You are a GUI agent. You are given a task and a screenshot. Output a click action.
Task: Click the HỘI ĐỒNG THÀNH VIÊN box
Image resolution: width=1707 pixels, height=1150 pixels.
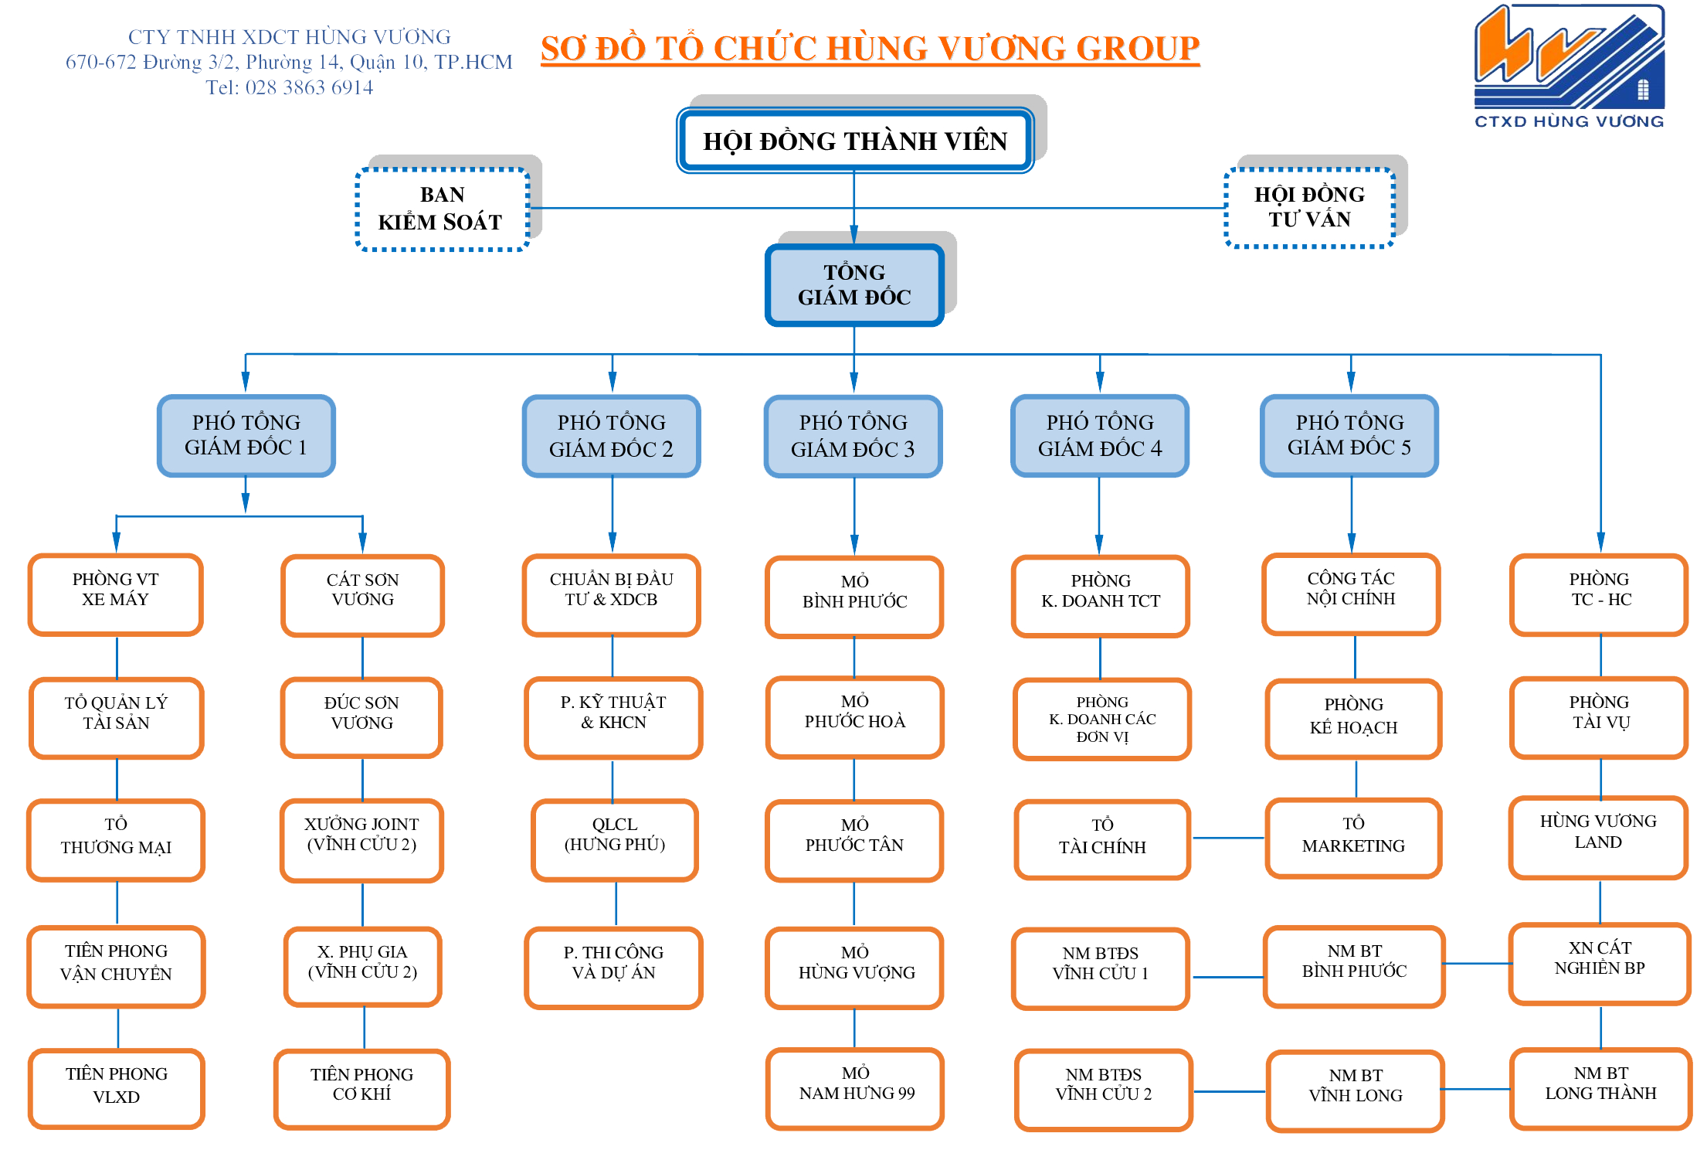click(x=854, y=141)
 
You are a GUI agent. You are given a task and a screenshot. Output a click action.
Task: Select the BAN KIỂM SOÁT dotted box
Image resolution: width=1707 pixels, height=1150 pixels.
click(x=441, y=209)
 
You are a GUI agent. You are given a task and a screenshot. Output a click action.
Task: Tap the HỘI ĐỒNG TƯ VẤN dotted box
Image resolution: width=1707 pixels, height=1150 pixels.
click(x=1309, y=207)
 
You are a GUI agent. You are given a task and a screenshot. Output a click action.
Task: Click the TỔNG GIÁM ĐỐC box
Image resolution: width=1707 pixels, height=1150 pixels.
click(x=854, y=284)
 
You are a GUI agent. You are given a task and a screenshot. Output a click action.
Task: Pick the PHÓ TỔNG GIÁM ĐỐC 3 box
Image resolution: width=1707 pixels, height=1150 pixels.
click(x=853, y=436)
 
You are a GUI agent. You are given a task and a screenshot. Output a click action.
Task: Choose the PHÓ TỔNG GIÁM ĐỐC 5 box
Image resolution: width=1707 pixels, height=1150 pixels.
click(x=1349, y=435)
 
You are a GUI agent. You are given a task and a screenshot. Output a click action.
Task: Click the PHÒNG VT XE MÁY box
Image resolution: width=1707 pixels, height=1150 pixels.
click(x=116, y=594)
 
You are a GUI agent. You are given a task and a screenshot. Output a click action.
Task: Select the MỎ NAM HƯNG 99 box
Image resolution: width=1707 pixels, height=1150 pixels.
click(x=855, y=1087)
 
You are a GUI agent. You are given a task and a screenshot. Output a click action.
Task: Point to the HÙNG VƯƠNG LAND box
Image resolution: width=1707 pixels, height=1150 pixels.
click(x=1598, y=836)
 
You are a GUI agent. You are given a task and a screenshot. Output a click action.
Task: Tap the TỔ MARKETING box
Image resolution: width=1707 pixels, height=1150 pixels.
click(x=1353, y=838)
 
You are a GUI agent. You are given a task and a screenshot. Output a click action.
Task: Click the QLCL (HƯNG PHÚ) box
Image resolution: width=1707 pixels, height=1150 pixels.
click(x=615, y=839)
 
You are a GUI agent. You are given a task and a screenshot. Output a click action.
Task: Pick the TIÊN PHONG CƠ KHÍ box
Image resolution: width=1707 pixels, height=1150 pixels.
click(x=361, y=1088)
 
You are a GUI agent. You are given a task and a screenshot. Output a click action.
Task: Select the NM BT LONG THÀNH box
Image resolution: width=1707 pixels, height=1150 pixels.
click(x=1600, y=1087)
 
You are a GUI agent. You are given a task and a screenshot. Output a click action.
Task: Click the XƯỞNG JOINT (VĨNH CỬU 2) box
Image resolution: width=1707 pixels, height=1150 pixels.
click(x=361, y=839)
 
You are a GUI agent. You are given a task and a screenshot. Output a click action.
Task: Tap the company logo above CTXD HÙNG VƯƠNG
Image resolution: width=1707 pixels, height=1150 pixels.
click(x=1570, y=57)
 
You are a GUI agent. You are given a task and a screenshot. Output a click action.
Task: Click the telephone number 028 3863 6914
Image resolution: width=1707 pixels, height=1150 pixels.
click(x=309, y=87)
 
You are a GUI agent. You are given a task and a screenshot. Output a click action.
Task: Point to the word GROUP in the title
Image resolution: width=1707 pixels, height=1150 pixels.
click(x=1137, y=49)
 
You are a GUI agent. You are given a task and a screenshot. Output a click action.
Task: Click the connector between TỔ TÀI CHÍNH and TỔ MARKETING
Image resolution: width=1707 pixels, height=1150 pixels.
click(x=1228, y=838)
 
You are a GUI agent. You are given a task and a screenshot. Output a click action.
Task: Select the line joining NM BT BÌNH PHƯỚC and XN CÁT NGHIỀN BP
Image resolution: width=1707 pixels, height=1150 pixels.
click(x=1477, y=963)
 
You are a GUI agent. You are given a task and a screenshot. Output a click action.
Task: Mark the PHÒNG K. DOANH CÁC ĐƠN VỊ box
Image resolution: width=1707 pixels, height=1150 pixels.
click(x=1102, y=719)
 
